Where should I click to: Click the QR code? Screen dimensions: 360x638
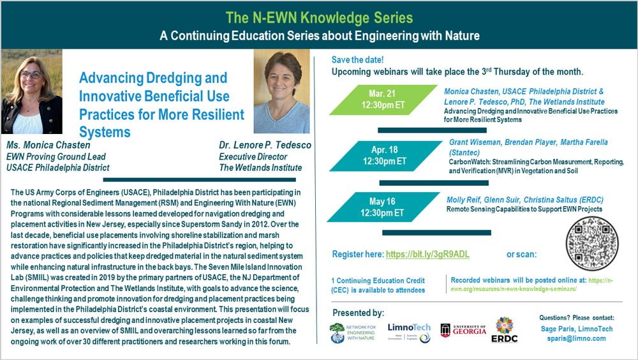(592, 244)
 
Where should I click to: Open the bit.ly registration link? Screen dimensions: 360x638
(427, 254)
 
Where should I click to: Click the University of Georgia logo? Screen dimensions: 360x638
(463, 330)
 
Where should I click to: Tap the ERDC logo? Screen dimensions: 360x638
(504, 329)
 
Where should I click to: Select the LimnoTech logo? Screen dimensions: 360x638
(409, 332)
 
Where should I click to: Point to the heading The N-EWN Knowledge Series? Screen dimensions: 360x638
(319, 17)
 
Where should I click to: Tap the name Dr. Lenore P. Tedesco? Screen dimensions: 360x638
(264, 145)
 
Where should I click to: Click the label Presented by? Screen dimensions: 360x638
(359, 313)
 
